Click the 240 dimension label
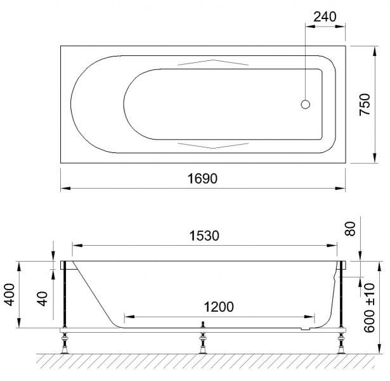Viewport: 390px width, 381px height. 325,17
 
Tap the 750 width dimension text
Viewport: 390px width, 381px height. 365,105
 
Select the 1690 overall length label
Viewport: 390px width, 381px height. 202,178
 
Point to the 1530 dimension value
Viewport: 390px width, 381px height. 204,236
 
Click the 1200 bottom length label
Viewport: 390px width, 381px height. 219,307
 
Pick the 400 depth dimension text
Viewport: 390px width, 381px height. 10,295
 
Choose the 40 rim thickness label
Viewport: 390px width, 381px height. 42,298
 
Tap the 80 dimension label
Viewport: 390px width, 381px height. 350,229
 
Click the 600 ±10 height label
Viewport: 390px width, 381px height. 369,307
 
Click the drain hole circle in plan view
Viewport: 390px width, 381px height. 306,104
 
